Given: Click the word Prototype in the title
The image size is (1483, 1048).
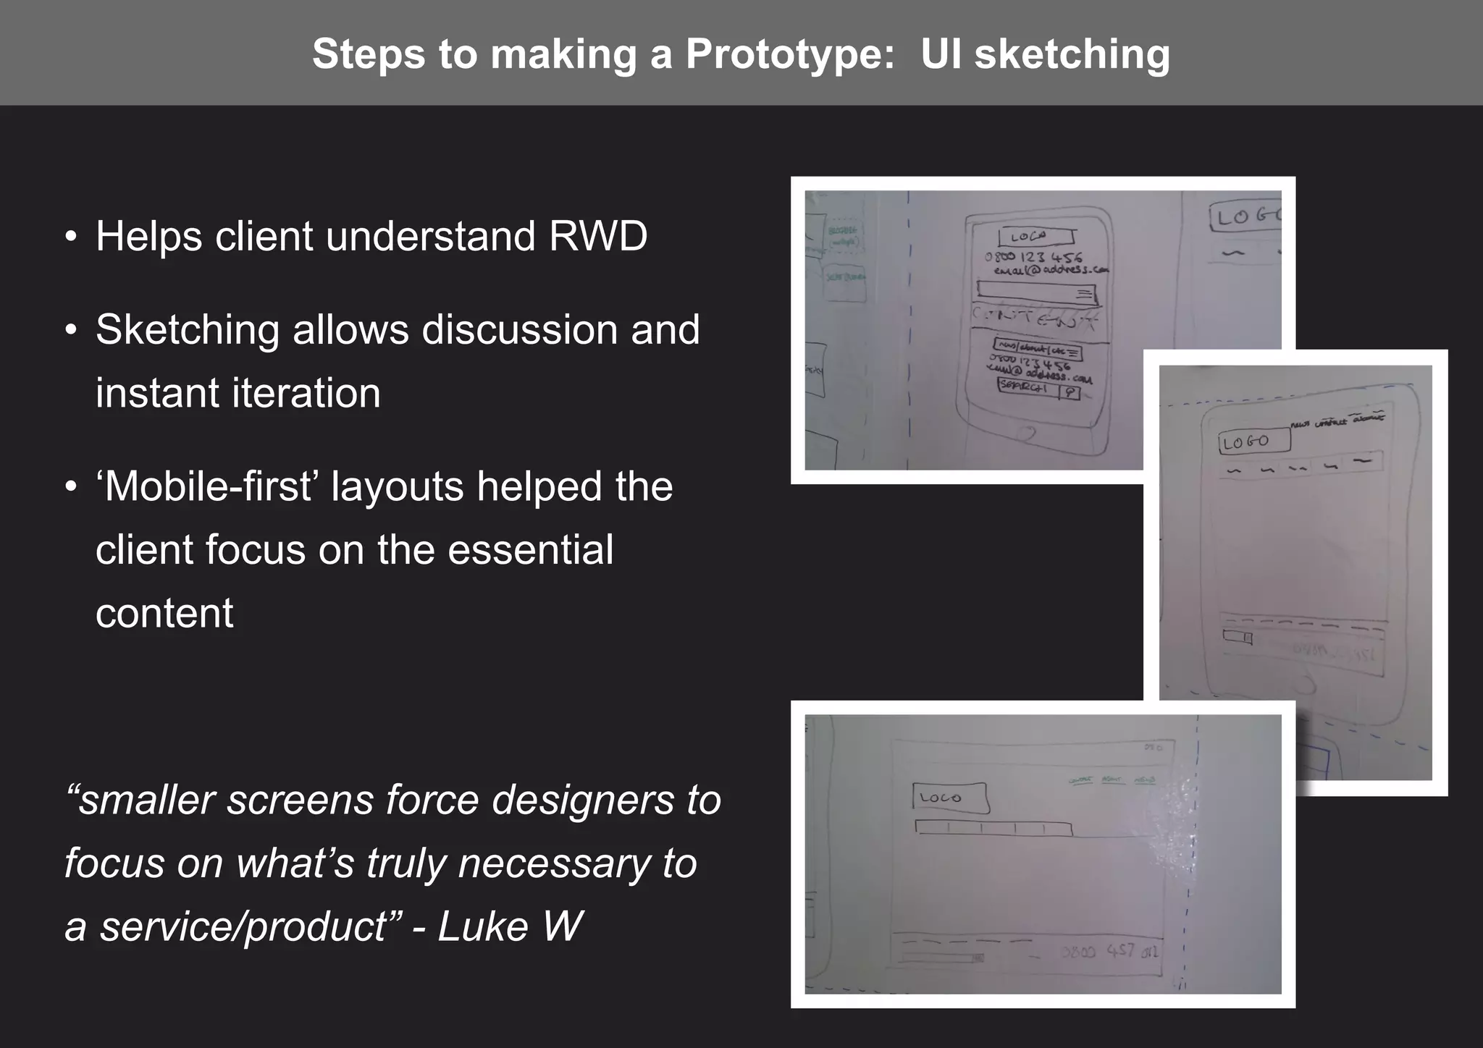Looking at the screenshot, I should point(790,54).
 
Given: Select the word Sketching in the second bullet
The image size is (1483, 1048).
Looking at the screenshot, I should point(188,330).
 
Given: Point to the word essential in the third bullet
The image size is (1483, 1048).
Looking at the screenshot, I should point(530,549).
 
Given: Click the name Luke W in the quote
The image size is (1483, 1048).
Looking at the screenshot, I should point(510,926).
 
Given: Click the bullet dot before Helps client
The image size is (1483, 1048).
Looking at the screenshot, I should point(70,237).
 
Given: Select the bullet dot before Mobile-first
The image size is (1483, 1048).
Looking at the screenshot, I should point(70,486).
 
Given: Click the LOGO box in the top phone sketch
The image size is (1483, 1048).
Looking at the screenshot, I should point(1035,237).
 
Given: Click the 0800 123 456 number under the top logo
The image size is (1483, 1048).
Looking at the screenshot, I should point(1034,257).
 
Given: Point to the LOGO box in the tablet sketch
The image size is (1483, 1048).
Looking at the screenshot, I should point(1253,441).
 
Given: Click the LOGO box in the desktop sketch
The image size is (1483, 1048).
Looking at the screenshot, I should point(949,798).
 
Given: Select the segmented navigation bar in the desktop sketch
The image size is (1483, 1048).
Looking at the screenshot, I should point(993,828).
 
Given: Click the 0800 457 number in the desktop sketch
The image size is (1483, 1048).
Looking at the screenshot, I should point(1108,950).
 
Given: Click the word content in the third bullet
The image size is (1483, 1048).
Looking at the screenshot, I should point(164,614).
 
